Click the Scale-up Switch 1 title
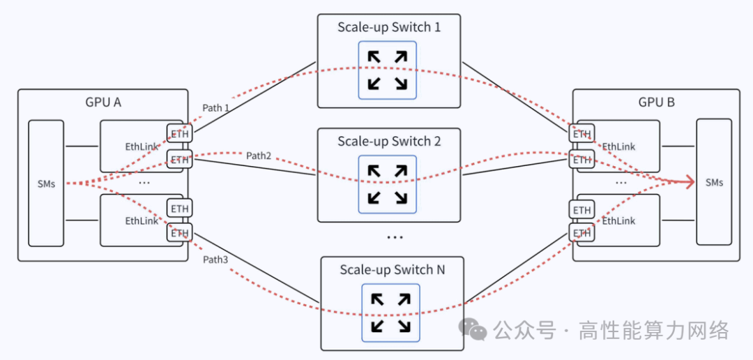tap(389, 28)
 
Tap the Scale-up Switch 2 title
tap(389, 142)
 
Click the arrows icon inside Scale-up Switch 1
tap(388, 70)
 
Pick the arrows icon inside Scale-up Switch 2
tap(388, 184)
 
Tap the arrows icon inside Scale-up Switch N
tap(390, 313)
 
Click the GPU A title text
tap(102, 103)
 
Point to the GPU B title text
tap(656, 103)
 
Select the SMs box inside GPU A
tap(46, 183)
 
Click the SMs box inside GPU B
tap(714, 182)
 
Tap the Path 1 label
tap(216, 108)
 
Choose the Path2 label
tap(259, 156)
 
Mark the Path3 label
tap(215, 260)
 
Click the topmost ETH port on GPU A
tap(180, 133)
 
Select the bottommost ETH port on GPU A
tap(180, 233)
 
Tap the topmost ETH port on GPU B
tap(581, 134)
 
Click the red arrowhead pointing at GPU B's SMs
tap(690, 182)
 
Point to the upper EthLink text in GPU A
tap(142, 147)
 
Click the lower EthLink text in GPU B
tap(618, 221)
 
